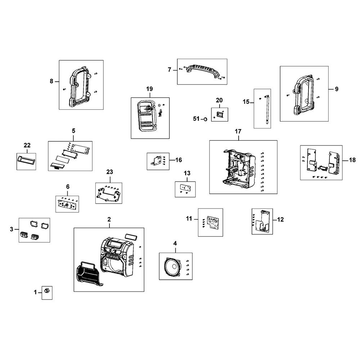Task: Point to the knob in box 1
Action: (47, 290)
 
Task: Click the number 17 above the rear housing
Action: (238, 132)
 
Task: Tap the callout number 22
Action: (27, 145)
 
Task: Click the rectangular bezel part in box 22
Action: (26, 159)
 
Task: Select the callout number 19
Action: (149, 89)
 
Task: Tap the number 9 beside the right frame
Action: (336, 89)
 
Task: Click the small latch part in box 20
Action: (219, 114)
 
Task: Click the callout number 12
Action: (281, 219)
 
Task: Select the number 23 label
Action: (109, 172)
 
